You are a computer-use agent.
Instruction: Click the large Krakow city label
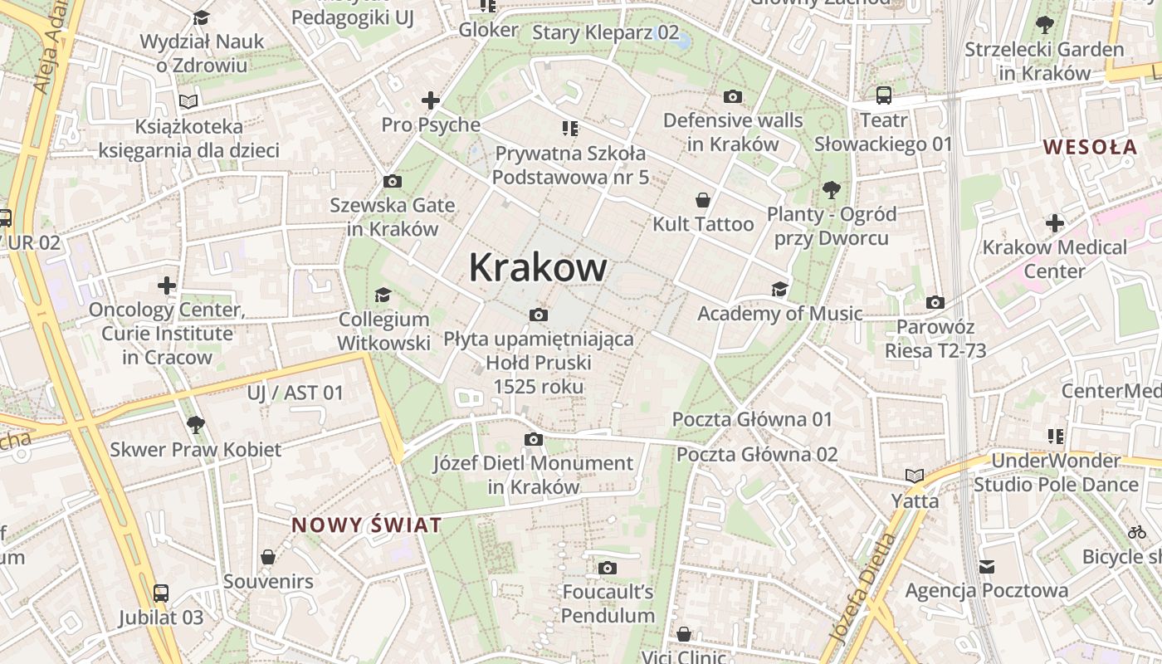(x=538, y=267)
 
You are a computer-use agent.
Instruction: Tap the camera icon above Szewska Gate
(x=392, y=181)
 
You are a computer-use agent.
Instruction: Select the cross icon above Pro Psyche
(x=430, y=100)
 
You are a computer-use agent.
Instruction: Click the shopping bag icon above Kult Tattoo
(x=703, y=200)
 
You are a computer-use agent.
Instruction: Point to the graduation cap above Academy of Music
(x=779, y=289)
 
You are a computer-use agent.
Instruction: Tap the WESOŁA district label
(x=1090, y=147)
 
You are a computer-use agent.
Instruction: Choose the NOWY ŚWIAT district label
(x=366, y=525)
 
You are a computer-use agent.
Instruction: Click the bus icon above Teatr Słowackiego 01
(x=883, y=95)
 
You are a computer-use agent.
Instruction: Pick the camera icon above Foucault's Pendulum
(x=608, y=568)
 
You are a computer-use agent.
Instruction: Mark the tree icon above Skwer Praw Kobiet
(x=195, y=425)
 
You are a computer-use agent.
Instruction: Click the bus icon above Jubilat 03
(x=160, y=593)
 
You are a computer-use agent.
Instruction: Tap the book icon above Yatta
(x=915, y=476)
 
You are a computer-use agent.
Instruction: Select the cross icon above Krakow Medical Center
(x=1054, y=223)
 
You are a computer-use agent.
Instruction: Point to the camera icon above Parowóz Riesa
(x=935, y=302)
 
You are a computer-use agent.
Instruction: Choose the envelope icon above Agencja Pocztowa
(x=986, y=567)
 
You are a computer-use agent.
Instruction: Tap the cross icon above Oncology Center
(x=167, y=286)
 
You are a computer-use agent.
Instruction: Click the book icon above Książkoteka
(x=188, y=101)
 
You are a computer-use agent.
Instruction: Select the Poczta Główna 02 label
(x=757, y=454)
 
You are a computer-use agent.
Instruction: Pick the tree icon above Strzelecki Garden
(x=1044, y=25)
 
